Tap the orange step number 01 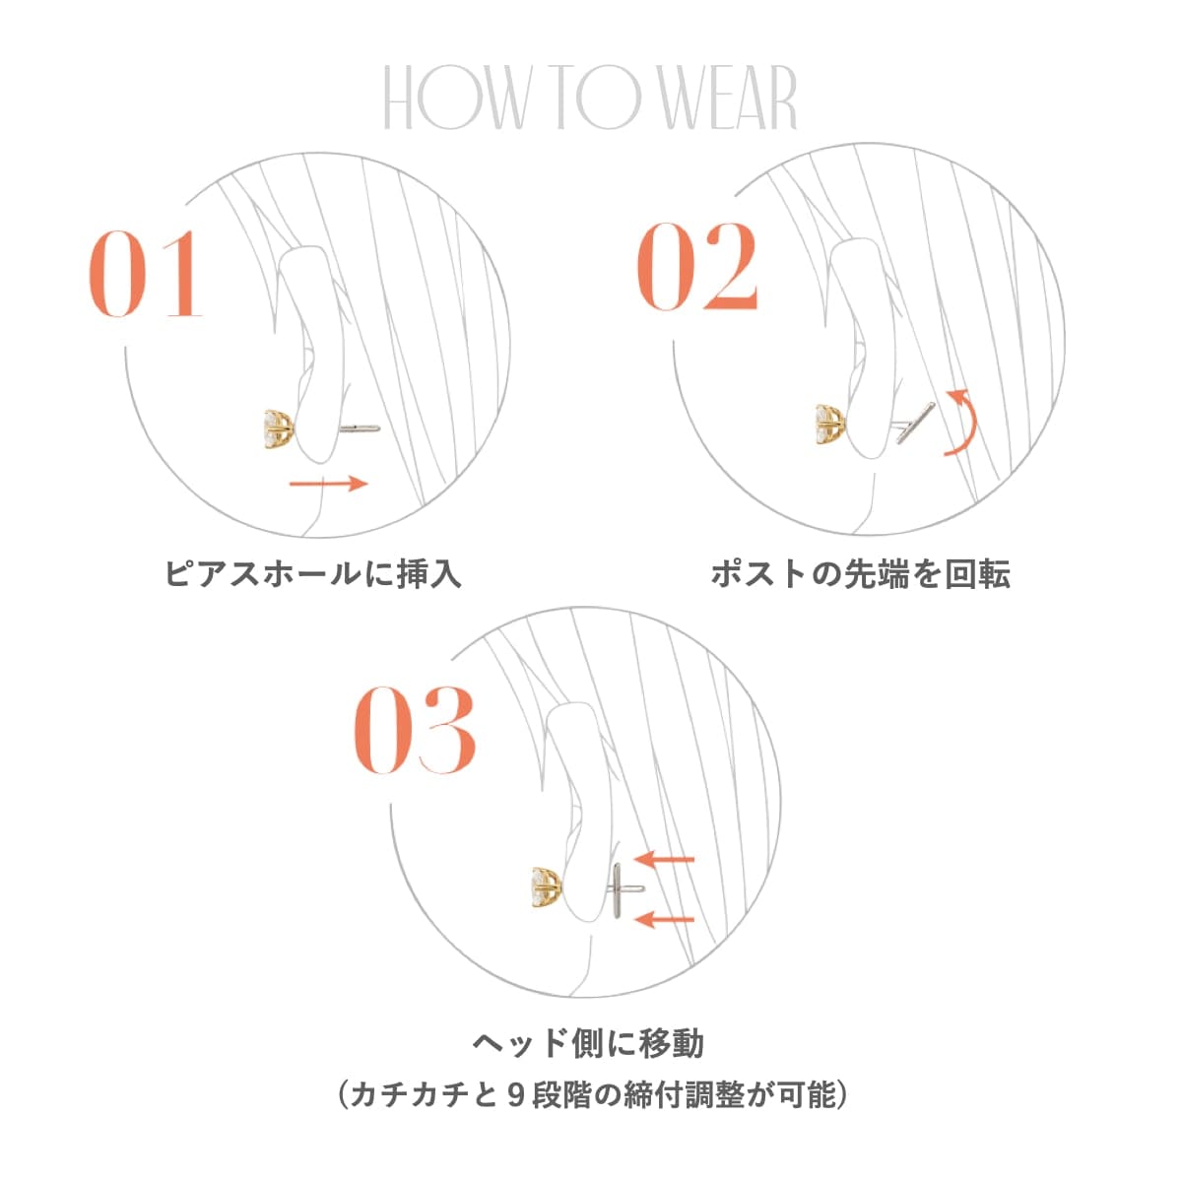146,275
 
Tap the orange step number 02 697,267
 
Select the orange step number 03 415,730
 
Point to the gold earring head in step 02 831,424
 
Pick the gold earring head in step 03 547,886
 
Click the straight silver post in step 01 359,428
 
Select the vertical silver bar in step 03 616,888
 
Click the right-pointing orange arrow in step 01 328,483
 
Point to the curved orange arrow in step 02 963,422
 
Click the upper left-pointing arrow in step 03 665,859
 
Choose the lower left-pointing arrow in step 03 665,920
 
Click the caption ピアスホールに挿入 312,573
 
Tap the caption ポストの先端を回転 860,573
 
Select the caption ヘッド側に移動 588,1042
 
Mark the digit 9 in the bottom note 515,1094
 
